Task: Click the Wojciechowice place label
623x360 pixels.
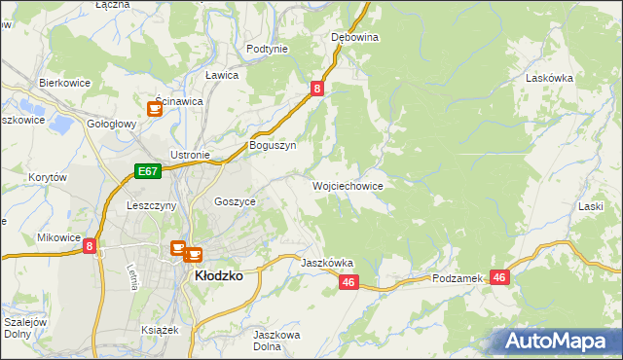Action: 348,185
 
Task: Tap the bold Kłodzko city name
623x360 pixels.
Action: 220,275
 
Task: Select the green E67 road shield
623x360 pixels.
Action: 147,172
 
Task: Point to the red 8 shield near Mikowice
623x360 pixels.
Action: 90,247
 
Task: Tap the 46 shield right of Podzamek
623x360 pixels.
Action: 500,277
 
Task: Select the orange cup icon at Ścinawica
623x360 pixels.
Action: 155,109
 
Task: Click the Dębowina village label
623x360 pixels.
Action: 354,37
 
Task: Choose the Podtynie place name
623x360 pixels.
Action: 267,49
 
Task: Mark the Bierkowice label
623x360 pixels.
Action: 64,83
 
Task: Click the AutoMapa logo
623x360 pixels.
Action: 557,341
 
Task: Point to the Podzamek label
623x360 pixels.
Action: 458,278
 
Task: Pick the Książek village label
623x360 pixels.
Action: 160,330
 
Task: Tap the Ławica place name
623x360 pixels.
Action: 222,75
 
